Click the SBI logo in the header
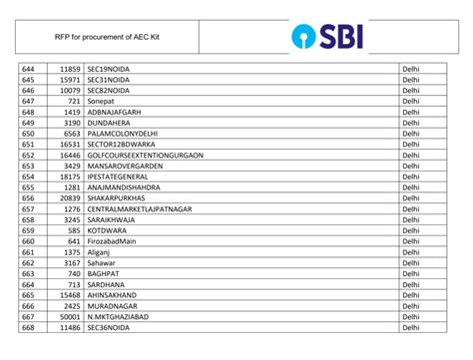[328, 38]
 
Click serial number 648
[28, 112]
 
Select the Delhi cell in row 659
[410, 229]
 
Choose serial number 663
[28, 273]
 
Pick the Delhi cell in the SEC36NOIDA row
[410, 327]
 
